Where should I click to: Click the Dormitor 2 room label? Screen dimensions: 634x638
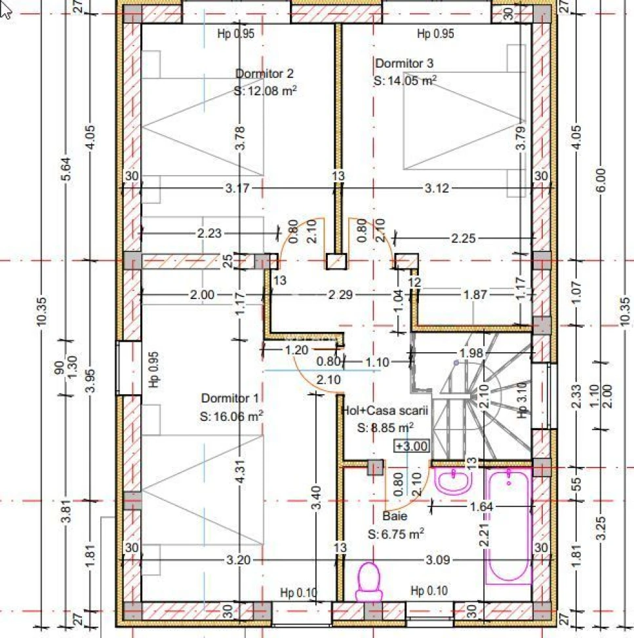tap(264, 73)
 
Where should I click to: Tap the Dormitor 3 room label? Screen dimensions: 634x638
tap(404, 64)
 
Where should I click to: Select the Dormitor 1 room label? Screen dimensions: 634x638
tap(230, 398)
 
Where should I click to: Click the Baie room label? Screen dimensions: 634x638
tap(395, 516)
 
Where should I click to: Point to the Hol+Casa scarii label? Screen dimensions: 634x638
tap(385, 410)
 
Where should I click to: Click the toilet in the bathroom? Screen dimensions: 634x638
tap(369, 582)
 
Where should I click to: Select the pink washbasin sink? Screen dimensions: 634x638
tap(453, 480)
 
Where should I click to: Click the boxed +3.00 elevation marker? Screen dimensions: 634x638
tap(412, 446)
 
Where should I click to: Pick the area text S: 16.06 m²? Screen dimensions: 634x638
tap(231, 416)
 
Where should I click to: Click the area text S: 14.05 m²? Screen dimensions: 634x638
tap(405, 80)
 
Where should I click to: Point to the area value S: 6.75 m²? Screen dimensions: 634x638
tap(396, 534)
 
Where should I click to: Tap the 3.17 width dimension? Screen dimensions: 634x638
tap(237, 188)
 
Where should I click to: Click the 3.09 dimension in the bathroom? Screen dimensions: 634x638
tap(438, 560)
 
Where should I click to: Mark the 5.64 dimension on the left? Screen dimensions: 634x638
tap(67, 169)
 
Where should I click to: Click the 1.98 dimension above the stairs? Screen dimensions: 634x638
tap(471, 353)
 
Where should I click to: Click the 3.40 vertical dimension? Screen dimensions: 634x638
tap(317, 497)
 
